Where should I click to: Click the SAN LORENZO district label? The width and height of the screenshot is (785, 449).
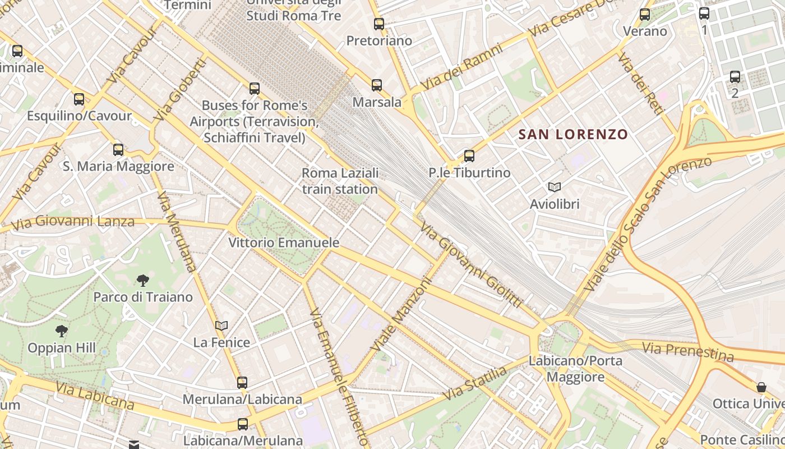(x=573, y=135)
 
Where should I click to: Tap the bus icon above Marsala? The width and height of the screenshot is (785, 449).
(x=377, y=85)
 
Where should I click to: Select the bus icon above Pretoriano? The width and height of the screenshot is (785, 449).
(x=379, y=24)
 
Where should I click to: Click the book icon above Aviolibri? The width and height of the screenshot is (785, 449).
(x=555, y=187)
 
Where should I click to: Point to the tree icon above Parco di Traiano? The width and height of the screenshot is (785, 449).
(x=143, y=280)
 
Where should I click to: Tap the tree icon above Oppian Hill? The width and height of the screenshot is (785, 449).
(x=62, y=331)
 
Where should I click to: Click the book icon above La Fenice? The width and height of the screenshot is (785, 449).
(x=221, y=326)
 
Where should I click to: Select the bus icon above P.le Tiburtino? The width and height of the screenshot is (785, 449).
(x=469, y=156)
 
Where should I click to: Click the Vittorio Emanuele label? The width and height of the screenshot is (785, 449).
(x=284, y=242)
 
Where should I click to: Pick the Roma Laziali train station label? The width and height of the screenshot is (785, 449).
(x=340, y=181)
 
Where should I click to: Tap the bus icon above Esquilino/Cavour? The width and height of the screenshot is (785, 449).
(x=79, y=99)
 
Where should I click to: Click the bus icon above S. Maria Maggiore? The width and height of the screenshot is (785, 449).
(x=118, y=150)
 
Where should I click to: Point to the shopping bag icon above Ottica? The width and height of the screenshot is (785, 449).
(x=761, y=387)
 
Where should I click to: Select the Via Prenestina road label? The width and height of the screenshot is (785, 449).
(x=687, y=352)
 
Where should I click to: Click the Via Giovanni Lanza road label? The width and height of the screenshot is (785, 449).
(x=73, y=222)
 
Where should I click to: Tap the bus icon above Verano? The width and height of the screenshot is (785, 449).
(x=645, y=15)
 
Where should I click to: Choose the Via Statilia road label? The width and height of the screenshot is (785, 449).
(x=474, y=383)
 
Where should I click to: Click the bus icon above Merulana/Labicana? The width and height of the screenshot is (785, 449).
(x=242, y=383)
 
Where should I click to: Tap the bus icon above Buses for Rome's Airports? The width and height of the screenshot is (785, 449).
(x=255, y=89)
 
